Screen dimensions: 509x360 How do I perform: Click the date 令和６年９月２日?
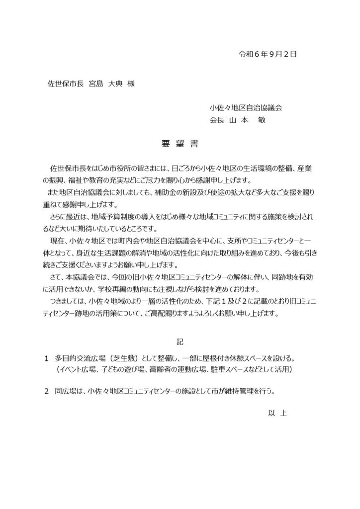point(268,54)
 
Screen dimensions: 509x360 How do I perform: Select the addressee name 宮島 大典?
point(104,84)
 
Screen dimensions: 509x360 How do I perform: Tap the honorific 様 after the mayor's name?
point(131,84)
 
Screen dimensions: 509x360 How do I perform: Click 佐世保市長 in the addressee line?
point(64,84)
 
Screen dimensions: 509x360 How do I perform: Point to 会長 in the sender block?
point(217,120)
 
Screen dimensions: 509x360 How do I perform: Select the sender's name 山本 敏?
point(251,120)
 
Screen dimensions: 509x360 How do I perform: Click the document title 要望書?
point(180,145)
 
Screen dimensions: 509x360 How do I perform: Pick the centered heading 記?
point(180,341)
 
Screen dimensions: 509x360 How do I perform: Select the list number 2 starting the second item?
point(46,391)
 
